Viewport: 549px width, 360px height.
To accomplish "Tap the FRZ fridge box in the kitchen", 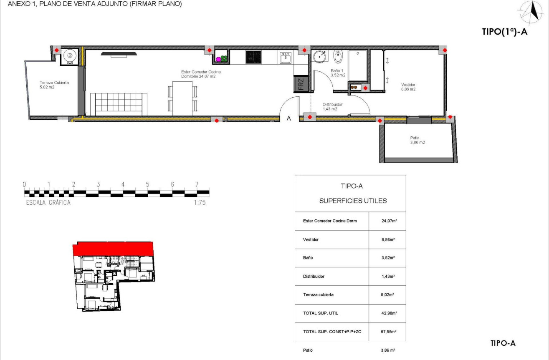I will click(301, 84).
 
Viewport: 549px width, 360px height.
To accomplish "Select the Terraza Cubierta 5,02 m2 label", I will click(54, 85).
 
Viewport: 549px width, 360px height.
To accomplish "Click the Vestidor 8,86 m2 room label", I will click(408, 86).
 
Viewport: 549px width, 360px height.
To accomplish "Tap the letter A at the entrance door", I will click(288, 118).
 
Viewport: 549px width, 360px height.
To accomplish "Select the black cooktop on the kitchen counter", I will click(253, 57).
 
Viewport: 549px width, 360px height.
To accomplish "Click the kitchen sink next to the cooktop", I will click(286, 58).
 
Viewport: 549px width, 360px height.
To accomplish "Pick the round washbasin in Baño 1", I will click(320, 57).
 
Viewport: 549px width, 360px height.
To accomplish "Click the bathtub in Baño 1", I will click(357, 66).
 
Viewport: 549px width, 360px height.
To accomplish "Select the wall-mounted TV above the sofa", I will click(119, 53).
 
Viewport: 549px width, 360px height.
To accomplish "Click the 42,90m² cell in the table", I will click(387, 313).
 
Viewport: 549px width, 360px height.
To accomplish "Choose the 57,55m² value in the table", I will click(387, 332).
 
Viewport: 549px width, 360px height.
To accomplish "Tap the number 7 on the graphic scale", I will click(197, 184).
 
